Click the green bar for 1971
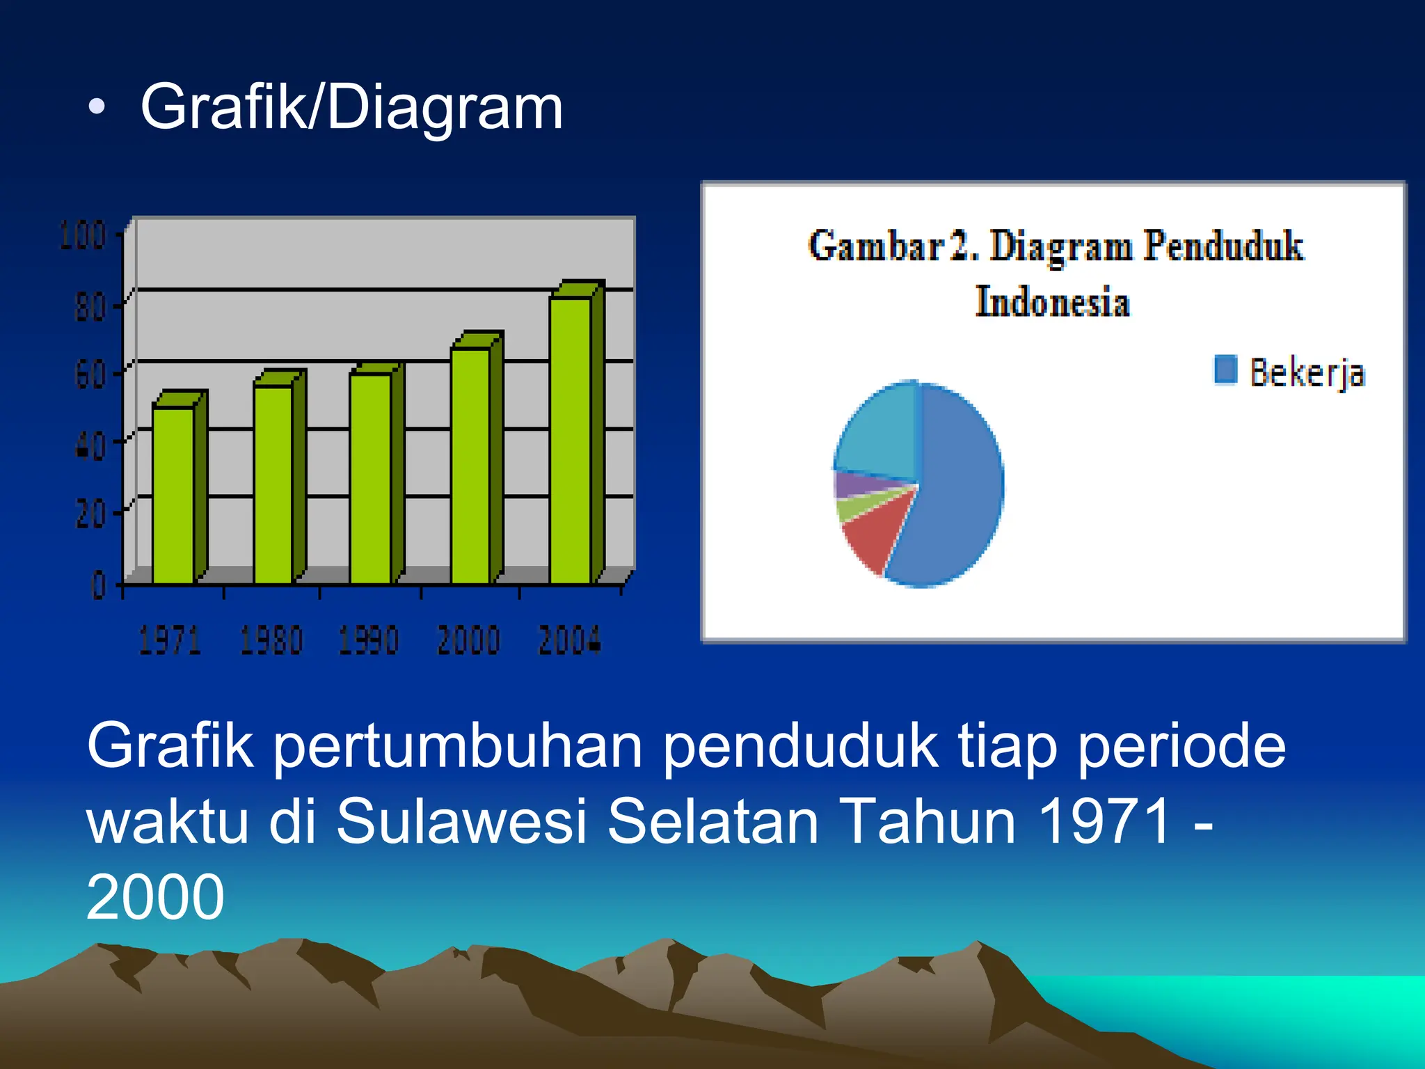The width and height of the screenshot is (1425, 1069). (x=174, y=494)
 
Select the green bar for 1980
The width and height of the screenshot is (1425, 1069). (x=273, y=484)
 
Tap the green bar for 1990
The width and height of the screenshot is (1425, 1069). (x=370, y=477)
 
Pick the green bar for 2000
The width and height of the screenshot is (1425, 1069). (x=471, y=465)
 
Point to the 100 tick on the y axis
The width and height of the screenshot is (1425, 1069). (x=82, y=235)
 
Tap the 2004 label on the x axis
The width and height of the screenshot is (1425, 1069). (x=569, y=640)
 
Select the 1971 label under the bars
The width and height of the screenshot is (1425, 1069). (x=170, y=640)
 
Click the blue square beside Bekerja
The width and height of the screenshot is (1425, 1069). (x=1225, y=370)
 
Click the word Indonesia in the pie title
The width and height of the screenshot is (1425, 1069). (x=1052, y=303)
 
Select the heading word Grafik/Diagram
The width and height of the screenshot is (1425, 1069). (x=351, y=107)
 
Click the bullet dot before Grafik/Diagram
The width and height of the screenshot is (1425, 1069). (x=97, y=107)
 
